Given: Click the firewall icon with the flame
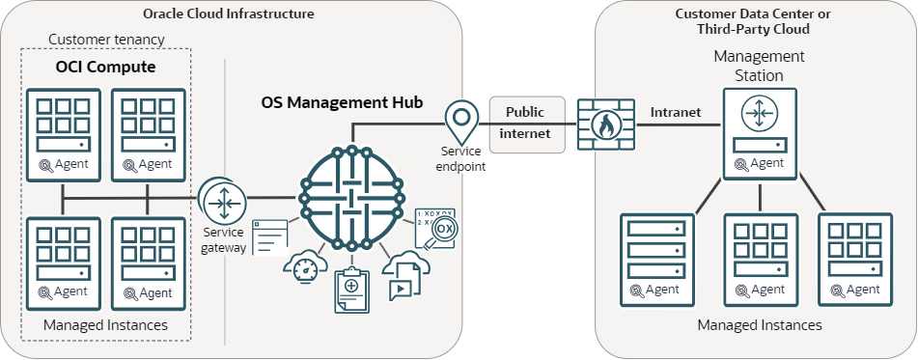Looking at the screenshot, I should point(604,124).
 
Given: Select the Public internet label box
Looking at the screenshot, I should point(525,124).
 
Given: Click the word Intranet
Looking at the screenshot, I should point(676,112).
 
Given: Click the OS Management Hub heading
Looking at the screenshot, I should point(342,101).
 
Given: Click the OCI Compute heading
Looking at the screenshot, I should point(104,69).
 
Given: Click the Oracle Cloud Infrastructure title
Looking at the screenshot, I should point(228,14).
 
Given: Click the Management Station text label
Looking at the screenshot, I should point(760,66).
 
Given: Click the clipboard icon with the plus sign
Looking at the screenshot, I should point(351,291).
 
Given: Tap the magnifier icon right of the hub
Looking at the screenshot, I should point(436,230).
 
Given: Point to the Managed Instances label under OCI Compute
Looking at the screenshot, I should point(105,325).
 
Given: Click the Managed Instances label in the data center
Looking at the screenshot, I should point(760,324).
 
